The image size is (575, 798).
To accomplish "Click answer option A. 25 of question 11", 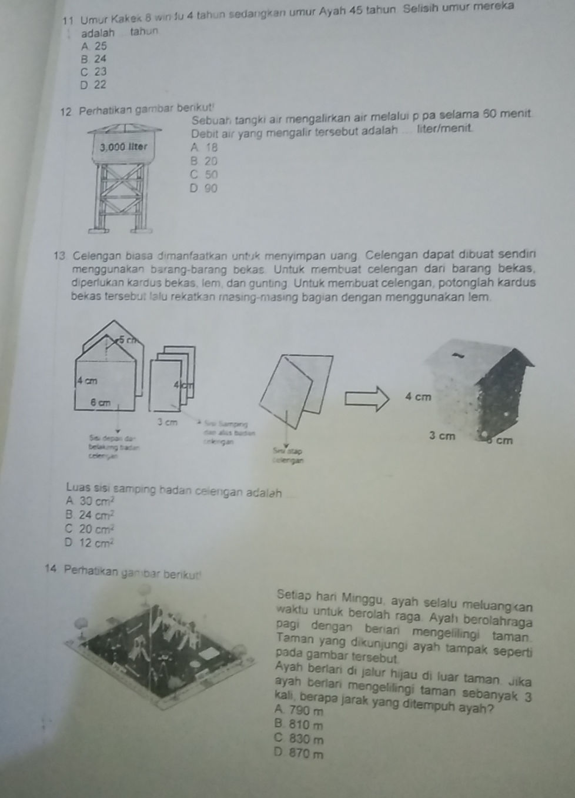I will click(x=95, y=46).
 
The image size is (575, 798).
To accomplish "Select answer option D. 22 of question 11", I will click(x=95, y=85).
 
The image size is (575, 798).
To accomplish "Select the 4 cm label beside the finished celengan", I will click(x=418, y=397).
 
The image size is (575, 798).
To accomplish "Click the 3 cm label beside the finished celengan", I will click(x=442, y=437).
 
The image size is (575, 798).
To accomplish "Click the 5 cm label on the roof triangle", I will click(x=125, y=339).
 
